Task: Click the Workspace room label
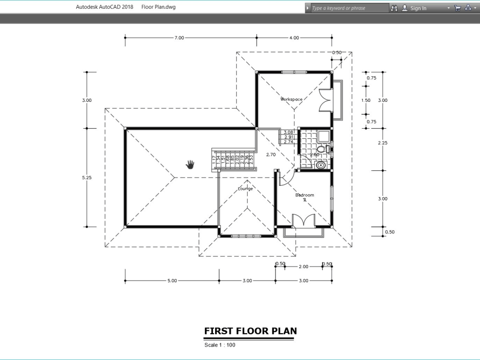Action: click(x=292, y=99)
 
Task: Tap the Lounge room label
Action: click(x=245, y=189)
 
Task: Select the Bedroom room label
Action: click(x=304, y=195)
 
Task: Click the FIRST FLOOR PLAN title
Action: click(x=250, y=331)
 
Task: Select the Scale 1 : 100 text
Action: click(x=219, y=345)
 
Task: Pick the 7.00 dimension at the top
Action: click(x=179, y=38)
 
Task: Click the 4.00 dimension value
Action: click(x=294, y=38)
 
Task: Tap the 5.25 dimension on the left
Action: click(x=87, y=178)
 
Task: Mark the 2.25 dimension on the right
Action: click(x=383, y=143)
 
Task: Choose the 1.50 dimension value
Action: click(x=366, y=100)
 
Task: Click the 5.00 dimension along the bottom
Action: click(x=172, y=281)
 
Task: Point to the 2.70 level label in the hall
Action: click(x=271, y=155)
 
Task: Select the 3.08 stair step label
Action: click(x=288, y=132)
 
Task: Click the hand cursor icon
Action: click(x=191, y=165)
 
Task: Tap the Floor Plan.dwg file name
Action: click(x=158, y=7)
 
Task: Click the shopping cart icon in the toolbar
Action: click(x=457, y=8)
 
